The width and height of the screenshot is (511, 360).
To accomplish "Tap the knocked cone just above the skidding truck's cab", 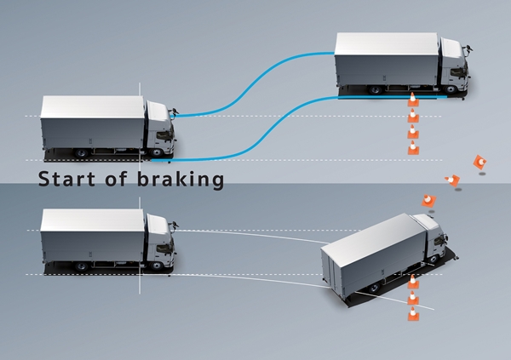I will point(428,200).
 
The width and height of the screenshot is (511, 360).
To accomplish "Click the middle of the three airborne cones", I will point(452,180).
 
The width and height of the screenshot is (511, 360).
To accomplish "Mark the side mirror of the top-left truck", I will point(176,110).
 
